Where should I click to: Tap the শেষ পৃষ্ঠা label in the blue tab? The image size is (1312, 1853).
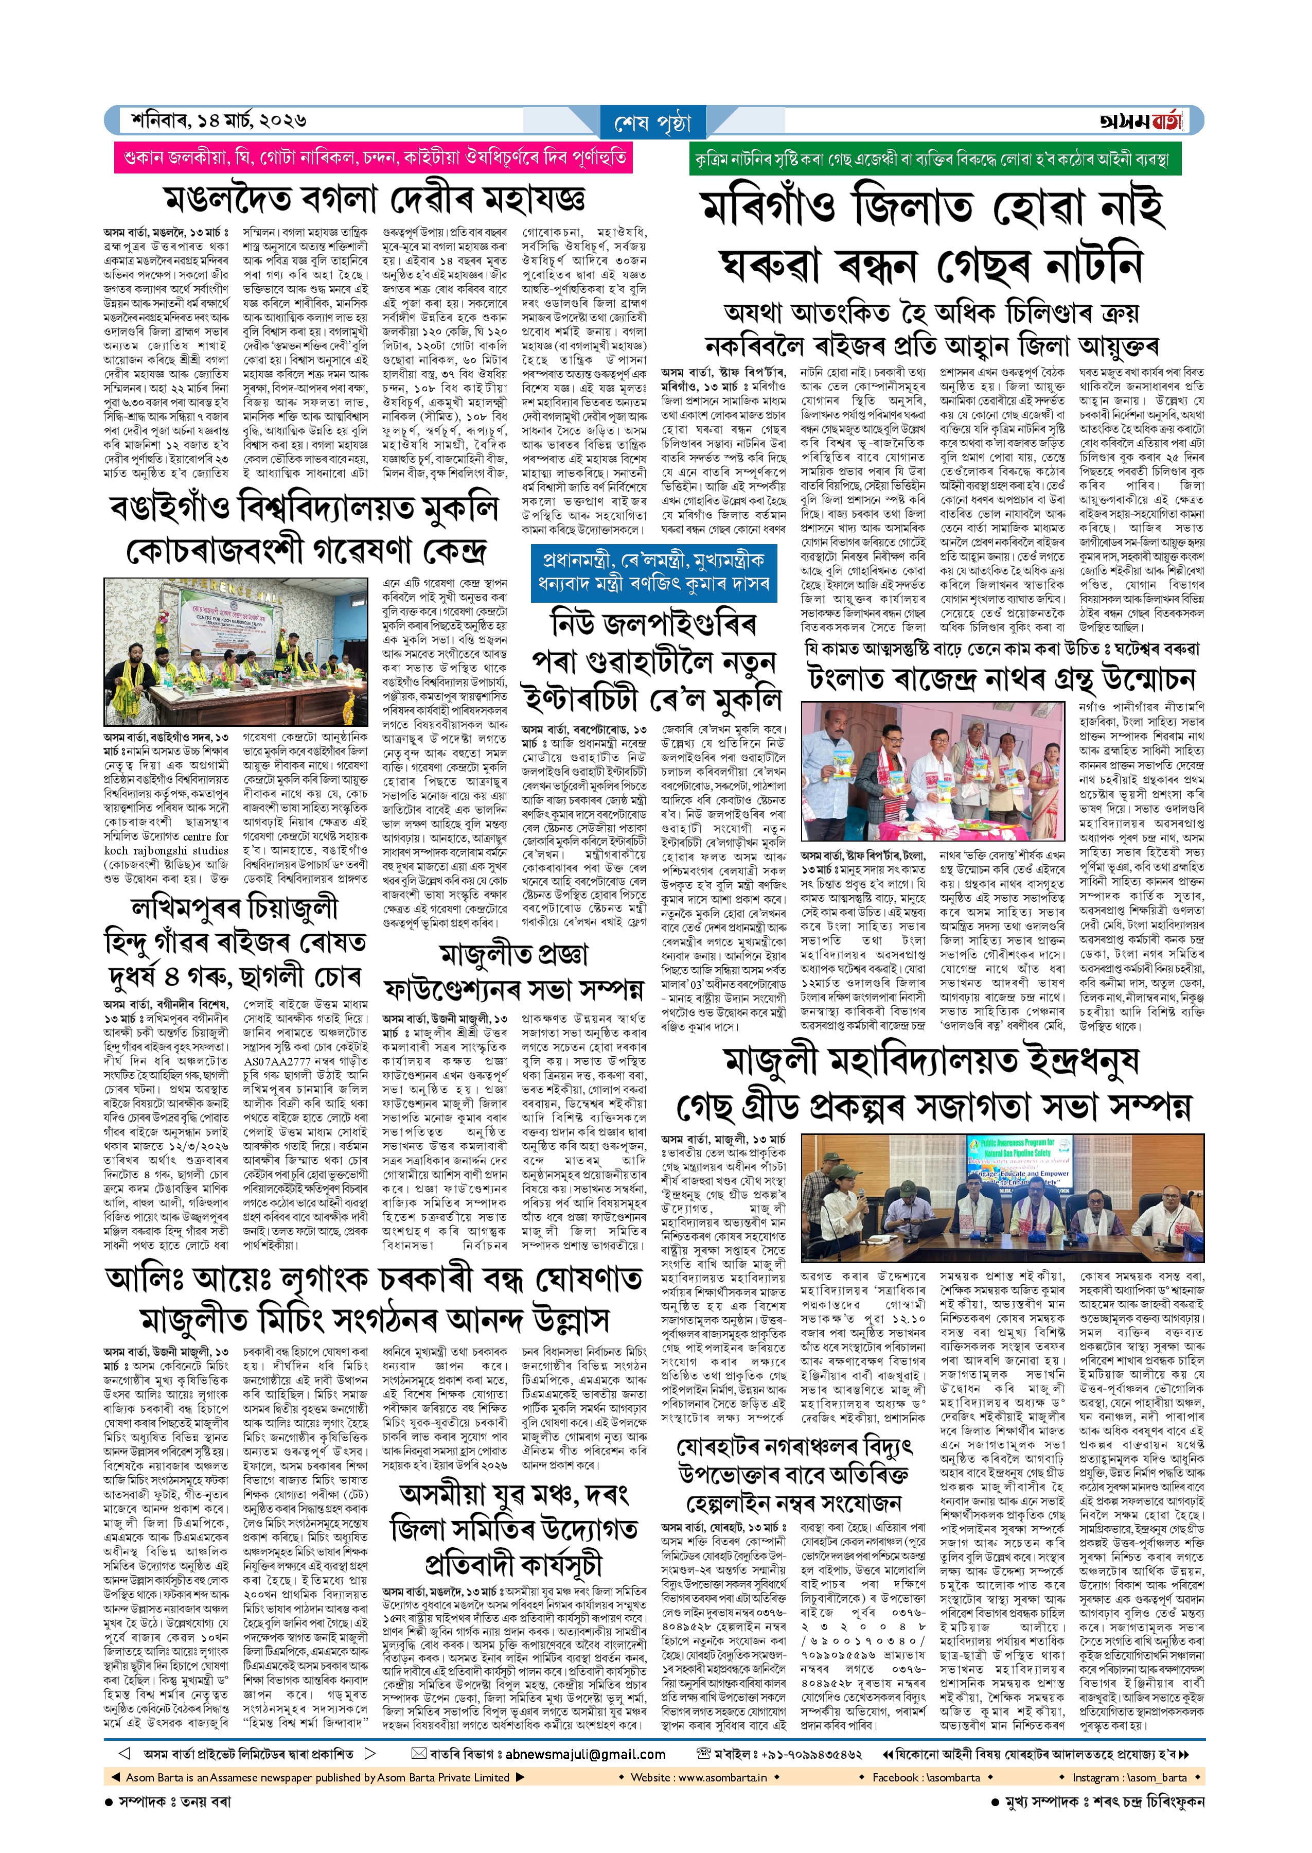[653, 124]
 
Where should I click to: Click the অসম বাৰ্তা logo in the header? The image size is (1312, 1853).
[1140, 121]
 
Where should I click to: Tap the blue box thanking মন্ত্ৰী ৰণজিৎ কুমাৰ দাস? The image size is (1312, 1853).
[653, 572]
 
